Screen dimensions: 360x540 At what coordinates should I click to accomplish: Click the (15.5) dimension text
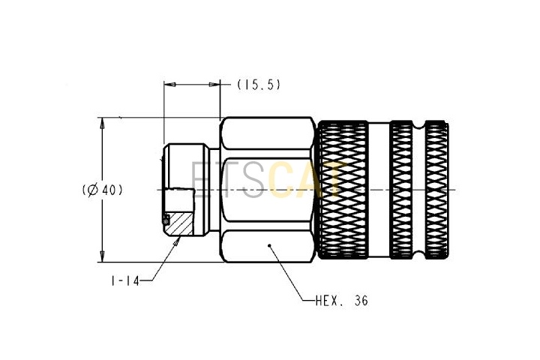pos(259,85)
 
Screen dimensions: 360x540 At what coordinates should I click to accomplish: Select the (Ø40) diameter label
pos(101,190)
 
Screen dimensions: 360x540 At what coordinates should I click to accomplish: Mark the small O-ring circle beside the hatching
pos(165,220)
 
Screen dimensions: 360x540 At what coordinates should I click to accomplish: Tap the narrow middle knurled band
pos(403,190)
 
